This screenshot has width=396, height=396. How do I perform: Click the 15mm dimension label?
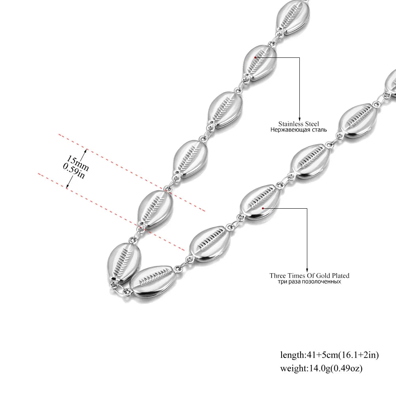(78, 164)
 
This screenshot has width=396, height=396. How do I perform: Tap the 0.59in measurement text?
(74, 171)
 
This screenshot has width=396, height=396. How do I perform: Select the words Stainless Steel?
(299, 124)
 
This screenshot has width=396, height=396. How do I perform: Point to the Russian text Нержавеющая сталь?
(299, 130)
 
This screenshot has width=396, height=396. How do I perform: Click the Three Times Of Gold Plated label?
(309, 276)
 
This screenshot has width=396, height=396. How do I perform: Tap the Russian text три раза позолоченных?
(309, 282)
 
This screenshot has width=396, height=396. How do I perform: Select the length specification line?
(329, 355)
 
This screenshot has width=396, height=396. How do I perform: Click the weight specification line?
(321, 368)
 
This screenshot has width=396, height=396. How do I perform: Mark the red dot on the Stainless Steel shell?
(255, 57)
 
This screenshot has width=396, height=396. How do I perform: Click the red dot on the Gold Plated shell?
(263, 208)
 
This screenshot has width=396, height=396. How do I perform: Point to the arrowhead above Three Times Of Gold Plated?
(307, 270)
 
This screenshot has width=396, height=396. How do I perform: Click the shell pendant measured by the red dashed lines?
(155, 209)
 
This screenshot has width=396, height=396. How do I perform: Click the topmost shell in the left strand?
(293, 17)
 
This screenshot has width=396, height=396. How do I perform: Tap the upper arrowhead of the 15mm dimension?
(86, 151)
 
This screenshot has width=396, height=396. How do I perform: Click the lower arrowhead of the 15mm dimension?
(67, 187)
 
